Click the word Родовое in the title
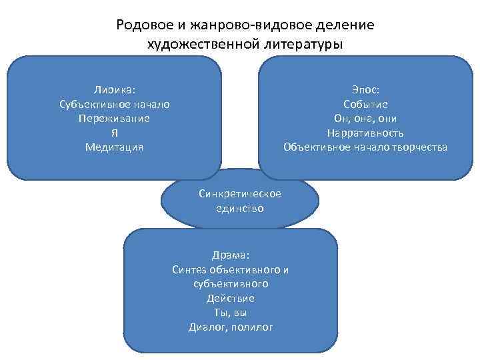click(x=141, y=25)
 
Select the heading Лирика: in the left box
click(x=115, y=90)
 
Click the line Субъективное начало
click(x=115, y=104)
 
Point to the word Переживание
click(x=115, y=118)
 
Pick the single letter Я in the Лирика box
click(x=115, y=133)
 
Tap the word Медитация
click(x=115, y=147)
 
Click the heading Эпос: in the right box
click(x=365, y=90)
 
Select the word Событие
click(x=365, y=104)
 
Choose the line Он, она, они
click(x=365, y=118)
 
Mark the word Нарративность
click(x=365, y=133)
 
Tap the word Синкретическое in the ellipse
click(x=240, y=193)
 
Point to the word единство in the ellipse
click(x=240, y=208)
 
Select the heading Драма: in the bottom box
click(x=231, y=255)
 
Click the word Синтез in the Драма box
click(x=189, y=269)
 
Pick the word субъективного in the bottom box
click(x=231, y=284)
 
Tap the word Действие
click(x=231, y=298)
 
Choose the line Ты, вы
click(x=231, y=313)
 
